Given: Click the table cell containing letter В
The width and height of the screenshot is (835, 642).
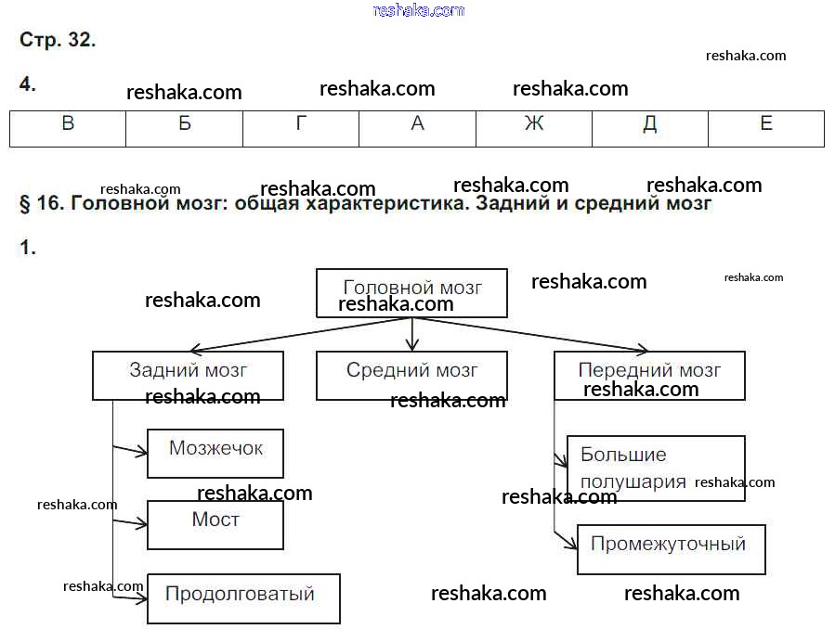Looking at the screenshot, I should click(x=68, y=128).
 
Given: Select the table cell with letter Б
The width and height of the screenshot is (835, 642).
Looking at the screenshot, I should click(x=184, y=128).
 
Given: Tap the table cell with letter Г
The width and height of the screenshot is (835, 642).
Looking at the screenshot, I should click(x=301, y=128).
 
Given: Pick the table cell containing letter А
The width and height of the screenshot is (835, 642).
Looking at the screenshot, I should click(x=417, y=128).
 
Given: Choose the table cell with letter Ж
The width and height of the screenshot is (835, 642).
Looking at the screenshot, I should click(x=534, y=128).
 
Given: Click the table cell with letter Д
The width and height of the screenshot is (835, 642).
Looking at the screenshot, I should click(x=650, y=128).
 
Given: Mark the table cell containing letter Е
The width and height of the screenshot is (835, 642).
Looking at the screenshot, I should click(x=766, y=128).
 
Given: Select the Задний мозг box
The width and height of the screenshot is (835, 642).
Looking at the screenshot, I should click(x=188, y=375).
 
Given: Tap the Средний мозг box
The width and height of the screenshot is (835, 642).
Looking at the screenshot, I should click(x=412, y=375).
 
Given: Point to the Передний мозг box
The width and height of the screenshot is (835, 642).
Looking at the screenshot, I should click(x=649, y=375).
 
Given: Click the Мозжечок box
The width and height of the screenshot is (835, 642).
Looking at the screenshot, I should click(x=215, y=453).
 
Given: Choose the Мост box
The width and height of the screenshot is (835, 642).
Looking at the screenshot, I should click(x=215, y=524).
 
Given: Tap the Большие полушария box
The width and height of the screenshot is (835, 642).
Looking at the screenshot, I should click(x=656, y=469).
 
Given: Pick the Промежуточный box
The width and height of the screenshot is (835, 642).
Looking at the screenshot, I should click(x=671, y=548).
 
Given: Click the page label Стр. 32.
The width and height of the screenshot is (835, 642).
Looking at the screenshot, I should click(x=58, y=41).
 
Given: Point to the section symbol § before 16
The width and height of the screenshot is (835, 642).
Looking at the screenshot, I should click(x=25, y=204).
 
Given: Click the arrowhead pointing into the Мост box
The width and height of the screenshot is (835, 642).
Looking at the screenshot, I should click(x=143, y=524).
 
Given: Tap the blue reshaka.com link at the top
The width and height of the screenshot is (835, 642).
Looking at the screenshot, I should click(x=418, y=10).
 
